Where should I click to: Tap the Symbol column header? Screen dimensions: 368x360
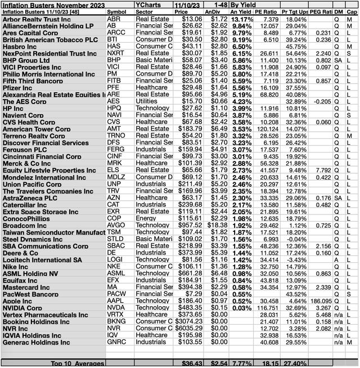click(x=120, y=11)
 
